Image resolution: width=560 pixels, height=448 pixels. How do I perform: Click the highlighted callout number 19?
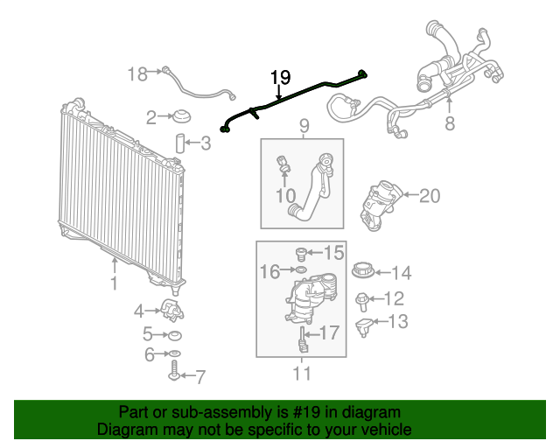pos(280,77)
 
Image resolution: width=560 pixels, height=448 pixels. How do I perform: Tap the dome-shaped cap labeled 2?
pos(181,116)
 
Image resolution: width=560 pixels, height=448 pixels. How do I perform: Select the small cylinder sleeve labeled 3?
pos(179,143)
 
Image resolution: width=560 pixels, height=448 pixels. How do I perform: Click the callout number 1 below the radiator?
pos(114,283)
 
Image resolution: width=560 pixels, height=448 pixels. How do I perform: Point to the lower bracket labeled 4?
pos(172,311)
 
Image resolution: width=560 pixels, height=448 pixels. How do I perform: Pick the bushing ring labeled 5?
pos(175,335)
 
